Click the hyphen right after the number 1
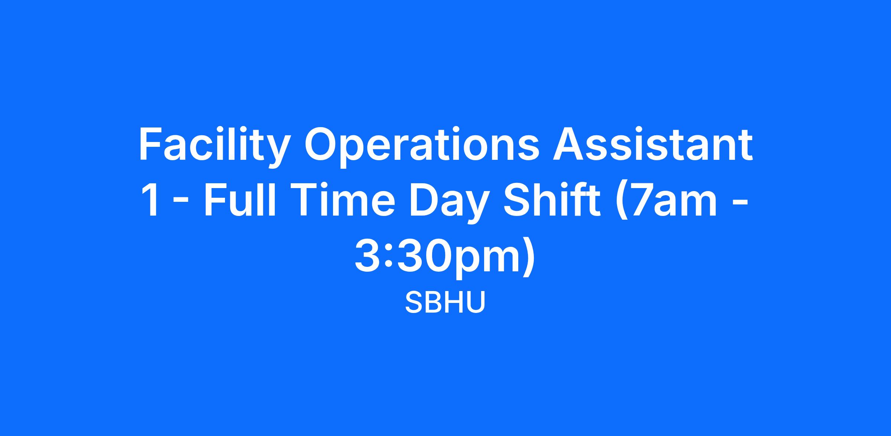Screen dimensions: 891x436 point(181,205)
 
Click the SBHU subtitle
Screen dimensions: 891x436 point(445,302)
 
